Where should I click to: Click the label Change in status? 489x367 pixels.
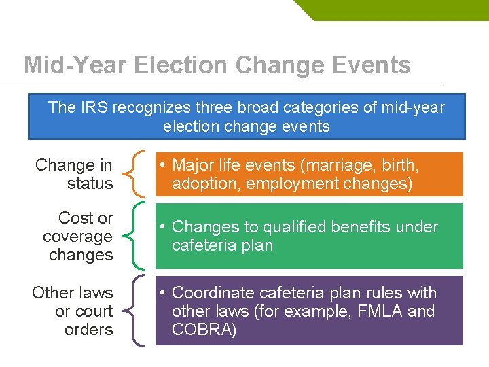click(x=74, y=174)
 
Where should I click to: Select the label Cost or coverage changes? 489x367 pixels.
click(x=77, y=237)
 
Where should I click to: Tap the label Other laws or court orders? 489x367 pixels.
click(x=73, y=311)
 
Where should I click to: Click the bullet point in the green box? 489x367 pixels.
click(x=163, y=227)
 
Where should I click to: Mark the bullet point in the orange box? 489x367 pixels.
click(x=163, y=165)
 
